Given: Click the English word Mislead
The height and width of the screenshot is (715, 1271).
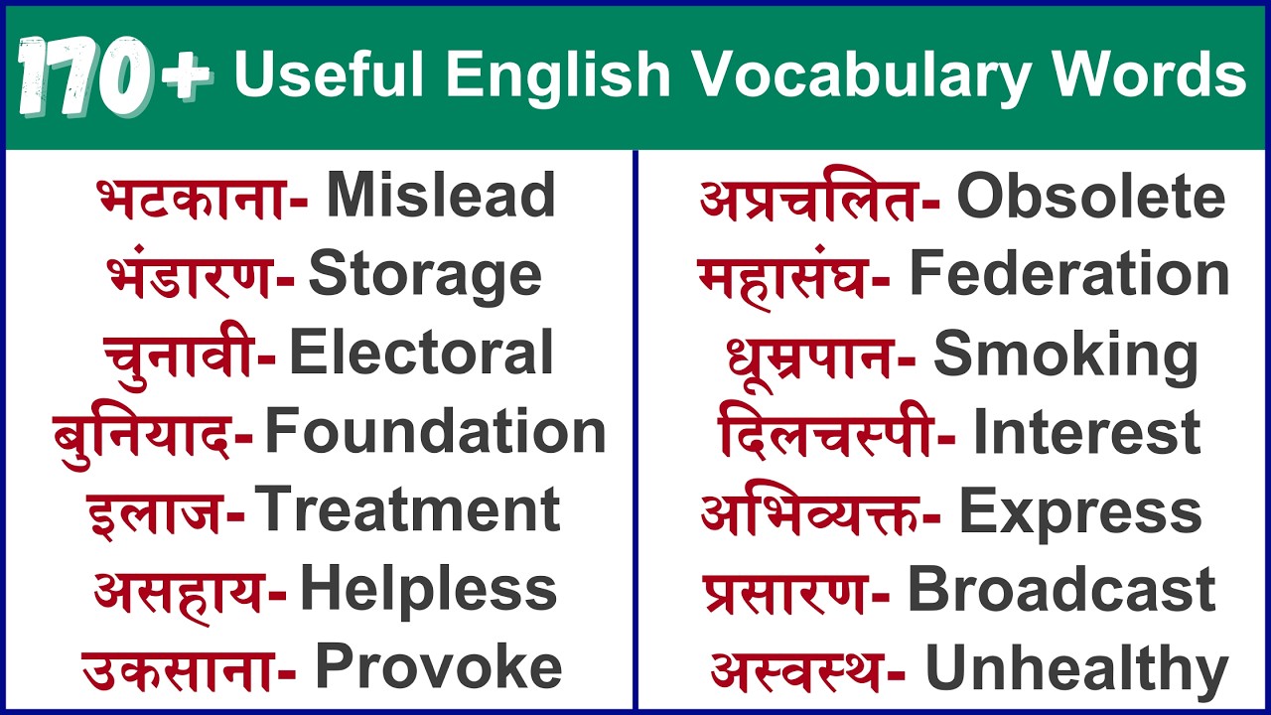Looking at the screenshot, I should click(x=441, y=196).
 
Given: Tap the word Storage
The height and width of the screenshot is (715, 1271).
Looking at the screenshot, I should click(x=425, y=274).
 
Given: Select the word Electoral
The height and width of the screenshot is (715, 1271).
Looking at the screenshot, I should click(x=421, y=354).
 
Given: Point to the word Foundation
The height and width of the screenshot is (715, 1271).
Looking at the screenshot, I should click(x=435, y=432).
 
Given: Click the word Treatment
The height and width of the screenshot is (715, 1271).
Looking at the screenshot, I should click(x=408, y=510).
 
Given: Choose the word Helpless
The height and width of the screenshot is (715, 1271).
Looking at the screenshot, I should click(x=428, y=589).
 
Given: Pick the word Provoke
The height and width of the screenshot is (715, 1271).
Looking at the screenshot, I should click(x=438, y=667).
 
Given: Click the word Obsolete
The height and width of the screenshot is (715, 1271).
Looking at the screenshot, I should click(x=1090, y=197).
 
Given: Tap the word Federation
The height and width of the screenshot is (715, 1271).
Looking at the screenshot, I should click(x=1069, y=274).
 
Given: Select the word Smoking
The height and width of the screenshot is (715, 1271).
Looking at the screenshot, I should click(x=1065, y=355).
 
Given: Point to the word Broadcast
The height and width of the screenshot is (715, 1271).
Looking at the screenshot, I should click(x=1061, y=590).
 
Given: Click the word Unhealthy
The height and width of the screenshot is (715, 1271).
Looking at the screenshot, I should click(x=1076, y=669).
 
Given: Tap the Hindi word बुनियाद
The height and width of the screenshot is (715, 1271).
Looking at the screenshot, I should click(x=142, y=433).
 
